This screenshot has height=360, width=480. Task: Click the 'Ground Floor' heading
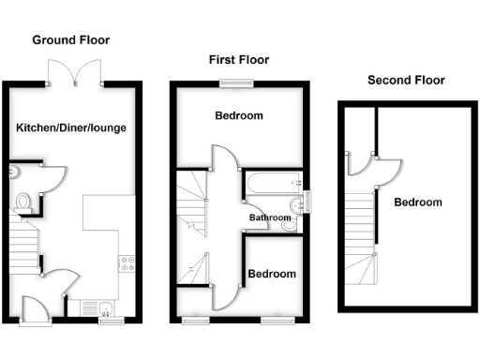click(70, 40)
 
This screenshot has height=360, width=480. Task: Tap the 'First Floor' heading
click(238, 60)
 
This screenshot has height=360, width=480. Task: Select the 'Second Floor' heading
click(405, 81)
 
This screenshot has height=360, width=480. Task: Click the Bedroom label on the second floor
click(417, 202)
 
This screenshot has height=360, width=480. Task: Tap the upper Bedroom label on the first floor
click(239, 116)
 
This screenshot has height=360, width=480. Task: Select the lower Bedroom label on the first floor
click(272, 274)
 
